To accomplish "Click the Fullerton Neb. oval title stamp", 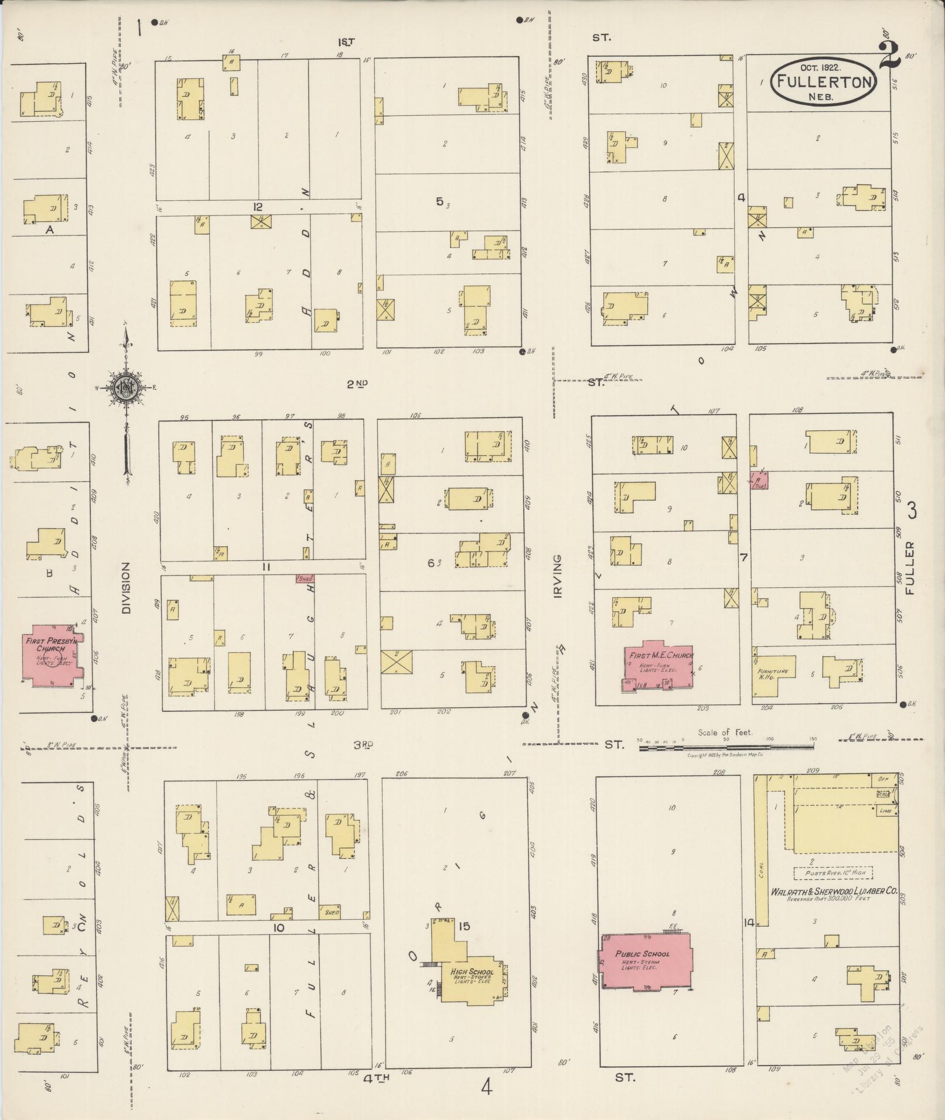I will click(x=823, y=82).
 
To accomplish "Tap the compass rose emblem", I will click(x=125, y=386).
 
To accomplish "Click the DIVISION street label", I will click(x=125, y=588).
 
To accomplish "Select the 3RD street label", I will click(x=363, y=745).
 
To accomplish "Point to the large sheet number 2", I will click(x=889, y=56).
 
